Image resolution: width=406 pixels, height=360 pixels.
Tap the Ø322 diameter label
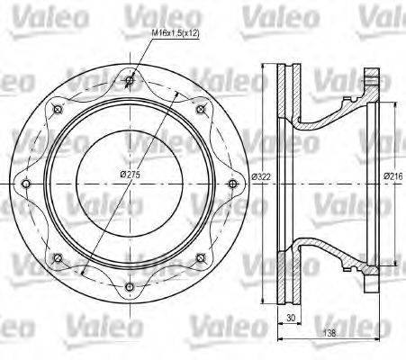point(261,175)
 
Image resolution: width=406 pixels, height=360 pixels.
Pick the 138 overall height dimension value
point(334,332)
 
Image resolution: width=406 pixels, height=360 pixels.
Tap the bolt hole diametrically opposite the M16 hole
point(131,287)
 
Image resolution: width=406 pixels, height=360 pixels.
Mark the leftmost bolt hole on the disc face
point(28,184)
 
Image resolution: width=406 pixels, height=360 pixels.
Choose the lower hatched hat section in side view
point(324,246)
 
